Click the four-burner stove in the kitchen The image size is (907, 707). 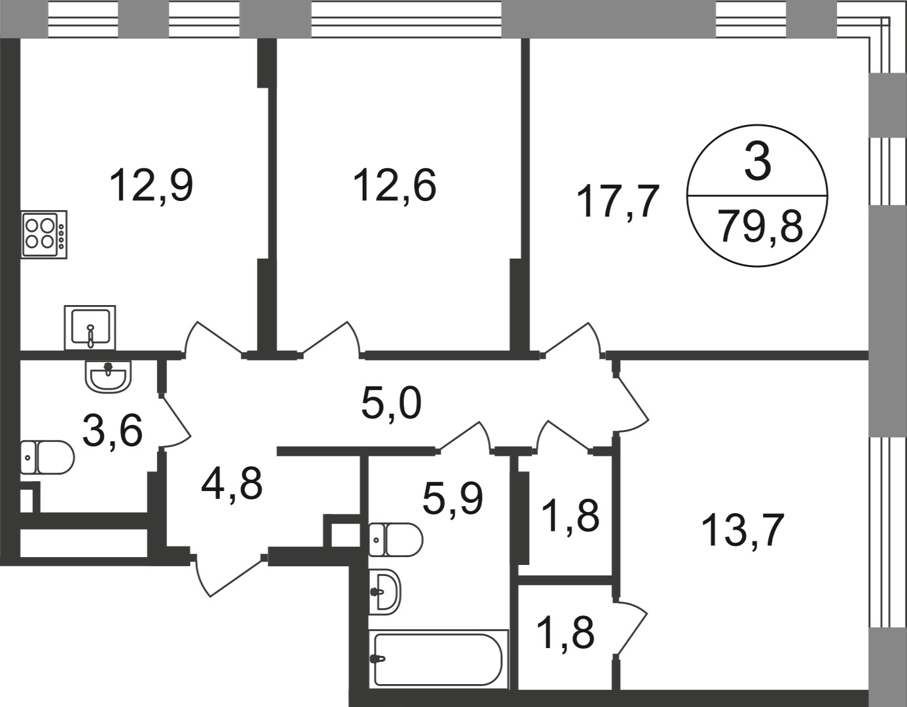(x=44, y=234)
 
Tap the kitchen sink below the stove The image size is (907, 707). (x=90, y=327)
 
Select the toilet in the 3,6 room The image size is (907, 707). (x=46, y=457)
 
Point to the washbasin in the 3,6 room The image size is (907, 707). (x=108, y=377)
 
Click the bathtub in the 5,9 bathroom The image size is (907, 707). (x=437, y=659)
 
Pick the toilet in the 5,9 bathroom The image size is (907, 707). (x=395, y=539)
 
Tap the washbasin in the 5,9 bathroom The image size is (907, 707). (x=384, y=591)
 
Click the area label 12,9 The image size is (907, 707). (x=151, y=185)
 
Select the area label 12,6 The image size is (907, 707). (x=394, y=185)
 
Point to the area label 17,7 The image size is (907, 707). (x=618, y=201)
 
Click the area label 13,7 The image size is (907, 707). (x=742, y=530)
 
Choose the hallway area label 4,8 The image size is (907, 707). (x=232, y=484)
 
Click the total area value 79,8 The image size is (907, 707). (x=760, y=227)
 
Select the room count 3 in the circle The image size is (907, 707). (x=758, y=164)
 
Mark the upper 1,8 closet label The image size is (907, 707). (x=569, y=515)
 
